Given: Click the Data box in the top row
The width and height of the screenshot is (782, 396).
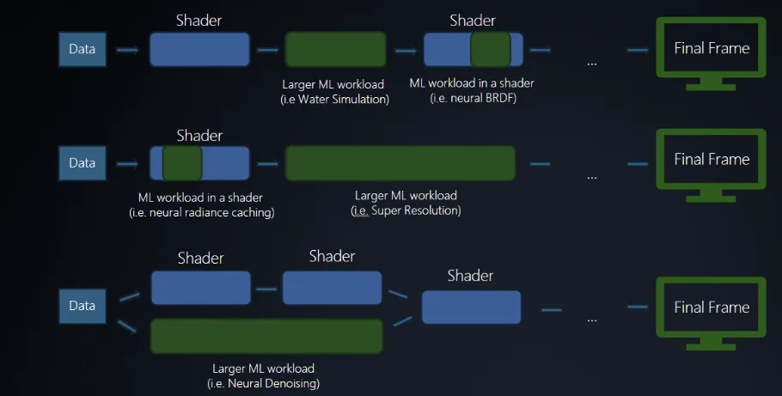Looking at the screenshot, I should click(82, 50).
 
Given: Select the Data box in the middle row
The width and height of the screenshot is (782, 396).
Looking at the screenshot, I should click(82, 162).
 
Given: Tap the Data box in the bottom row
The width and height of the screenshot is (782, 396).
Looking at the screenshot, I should click(82, 307).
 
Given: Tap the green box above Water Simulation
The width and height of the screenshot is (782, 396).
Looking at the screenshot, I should click(335, 50).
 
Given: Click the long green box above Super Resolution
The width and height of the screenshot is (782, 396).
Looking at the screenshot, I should click(400, 162).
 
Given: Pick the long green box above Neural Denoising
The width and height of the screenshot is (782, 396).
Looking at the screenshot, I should click(266, 336).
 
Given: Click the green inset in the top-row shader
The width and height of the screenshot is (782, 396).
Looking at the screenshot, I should click(491, 50).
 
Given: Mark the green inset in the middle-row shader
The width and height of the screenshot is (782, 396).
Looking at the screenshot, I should click(182, 162).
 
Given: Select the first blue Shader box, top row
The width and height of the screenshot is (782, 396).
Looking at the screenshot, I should click(199, 50).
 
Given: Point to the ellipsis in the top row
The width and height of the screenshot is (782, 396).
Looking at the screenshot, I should click(592, 62).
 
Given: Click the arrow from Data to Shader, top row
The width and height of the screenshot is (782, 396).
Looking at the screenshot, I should click(127, 50).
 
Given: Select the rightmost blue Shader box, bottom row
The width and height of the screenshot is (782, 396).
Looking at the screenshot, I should click(471, 307).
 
